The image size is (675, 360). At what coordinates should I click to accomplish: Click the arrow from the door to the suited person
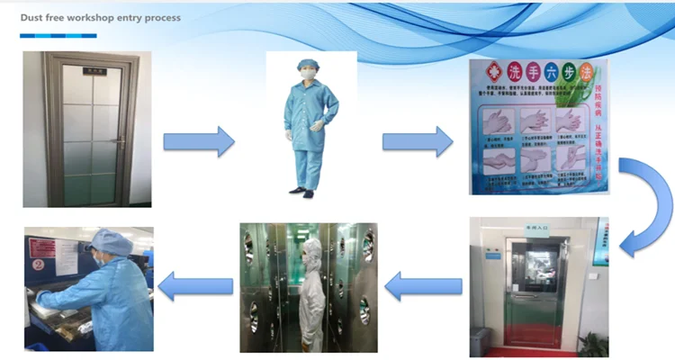tap(198, 141)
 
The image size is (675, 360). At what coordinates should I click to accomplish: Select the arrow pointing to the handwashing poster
tap(418, 141)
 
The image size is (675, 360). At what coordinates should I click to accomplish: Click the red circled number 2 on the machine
tap(38, 266)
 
